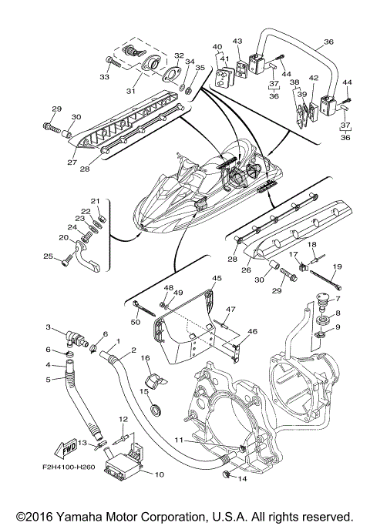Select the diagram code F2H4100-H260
[x=69, y=467]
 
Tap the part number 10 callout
[x=159, y=474]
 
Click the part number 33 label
[x=104, y=77]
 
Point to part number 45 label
[x=217, y=278]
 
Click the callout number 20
[x=63, y=238]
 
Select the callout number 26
[x=246, y=270]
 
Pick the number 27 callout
[x=72, y=162]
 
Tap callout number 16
[x=145, y=358]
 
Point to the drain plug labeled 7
[x=323, y=300]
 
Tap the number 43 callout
[x=237, y=42]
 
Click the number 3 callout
[x=49, y=327]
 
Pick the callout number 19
[x=338, y=266]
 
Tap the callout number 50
[x=136, y=323]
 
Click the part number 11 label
[x=180, y=440]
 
